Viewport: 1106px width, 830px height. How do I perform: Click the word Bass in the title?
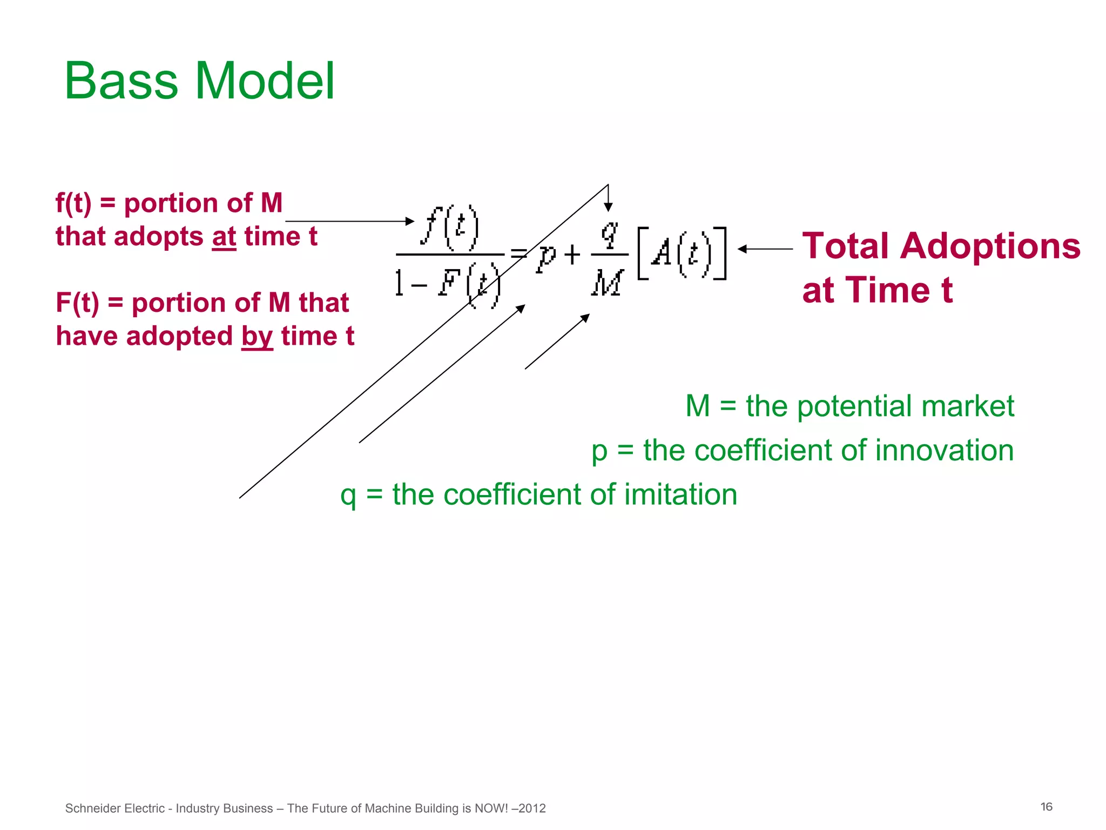(x=120, y=81)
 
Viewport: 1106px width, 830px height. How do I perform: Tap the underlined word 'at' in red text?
(x=224, y=237)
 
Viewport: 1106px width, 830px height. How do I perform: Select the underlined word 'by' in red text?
(x=257, y=337)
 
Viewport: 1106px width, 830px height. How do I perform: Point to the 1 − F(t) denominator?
(x=447, y=284)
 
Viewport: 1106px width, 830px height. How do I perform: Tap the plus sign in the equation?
(x=572, y=255)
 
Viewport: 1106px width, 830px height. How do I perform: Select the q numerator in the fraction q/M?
(x=609, y=233)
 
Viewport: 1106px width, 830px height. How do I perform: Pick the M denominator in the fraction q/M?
(x=608, y=283)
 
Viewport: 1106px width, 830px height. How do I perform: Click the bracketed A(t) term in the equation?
(x=682, y=253)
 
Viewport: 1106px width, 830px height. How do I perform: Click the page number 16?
(x=1046, y=807)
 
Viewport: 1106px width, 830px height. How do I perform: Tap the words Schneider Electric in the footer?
(x=114, y=808)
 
